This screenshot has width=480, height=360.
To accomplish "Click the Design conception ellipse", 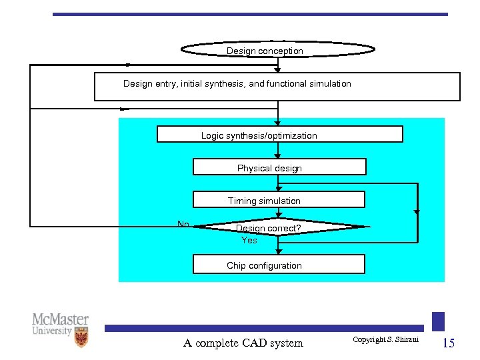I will [x=278, y=50].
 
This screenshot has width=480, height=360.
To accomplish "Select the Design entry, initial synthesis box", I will [x=277, y=87].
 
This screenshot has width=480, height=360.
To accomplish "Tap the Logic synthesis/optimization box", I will [x=279, y=135].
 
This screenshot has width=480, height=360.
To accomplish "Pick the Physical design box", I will [x=279, y=167].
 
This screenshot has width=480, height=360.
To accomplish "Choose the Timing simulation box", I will [x=279, y=200].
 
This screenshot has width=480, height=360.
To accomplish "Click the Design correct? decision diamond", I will [x=279, y=227].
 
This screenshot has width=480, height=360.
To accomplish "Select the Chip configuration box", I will [x=279, y=265].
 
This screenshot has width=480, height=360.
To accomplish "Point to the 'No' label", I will [x=183, y=224].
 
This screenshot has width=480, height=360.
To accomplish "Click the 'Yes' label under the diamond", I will [x=249, y=240].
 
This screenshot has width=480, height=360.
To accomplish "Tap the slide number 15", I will [x=449, y=343].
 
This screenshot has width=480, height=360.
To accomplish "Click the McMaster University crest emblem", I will [x=81, y=337].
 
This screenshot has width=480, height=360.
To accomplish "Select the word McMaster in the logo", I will [x=60, y=319].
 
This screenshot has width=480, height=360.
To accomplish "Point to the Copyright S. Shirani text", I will [x=385, y=340].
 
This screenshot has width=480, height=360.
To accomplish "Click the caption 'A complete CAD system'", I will [x=243, y=343].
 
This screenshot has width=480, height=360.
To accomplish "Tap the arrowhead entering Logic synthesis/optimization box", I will [x=279, y=123].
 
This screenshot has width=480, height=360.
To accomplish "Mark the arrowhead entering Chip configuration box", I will [x=279, y=252].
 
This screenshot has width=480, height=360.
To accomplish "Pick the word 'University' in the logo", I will [x=52, y=331].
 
